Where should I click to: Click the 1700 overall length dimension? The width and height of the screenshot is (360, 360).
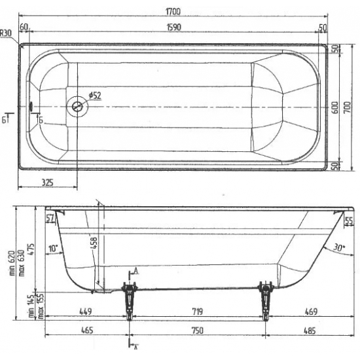pos(173,11)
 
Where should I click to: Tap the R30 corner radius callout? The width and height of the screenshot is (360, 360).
pos(7,32)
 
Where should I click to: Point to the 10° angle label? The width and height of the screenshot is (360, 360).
pos(53,249)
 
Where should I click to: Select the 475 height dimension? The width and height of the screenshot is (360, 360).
pos(31,245)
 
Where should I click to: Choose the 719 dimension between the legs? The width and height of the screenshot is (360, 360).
pos(196,312)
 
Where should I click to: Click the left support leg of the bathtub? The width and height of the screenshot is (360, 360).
pos(129,298)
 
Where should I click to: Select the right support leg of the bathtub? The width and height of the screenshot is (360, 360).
pos(265,298)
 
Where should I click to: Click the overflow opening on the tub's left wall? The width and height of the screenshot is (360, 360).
pos(31,105)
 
